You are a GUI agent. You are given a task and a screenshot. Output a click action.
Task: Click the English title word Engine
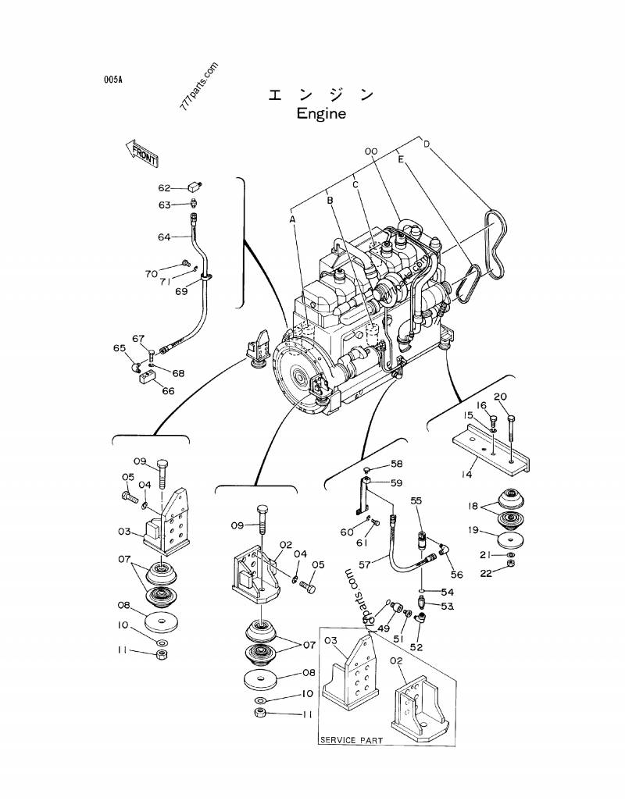(x=320, y=114)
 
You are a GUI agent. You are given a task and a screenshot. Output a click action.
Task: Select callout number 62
(x=164, y=188)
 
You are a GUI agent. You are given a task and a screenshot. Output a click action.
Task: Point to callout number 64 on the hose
(x=164, y=237)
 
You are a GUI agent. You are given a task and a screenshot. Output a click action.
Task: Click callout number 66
(x=168, y=391)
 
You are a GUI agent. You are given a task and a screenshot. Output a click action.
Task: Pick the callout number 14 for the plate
(x=466, y=474)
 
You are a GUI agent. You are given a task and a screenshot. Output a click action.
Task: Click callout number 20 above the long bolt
(x=501, y=396)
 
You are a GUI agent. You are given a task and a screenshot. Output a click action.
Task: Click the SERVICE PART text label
(x=351, y=739)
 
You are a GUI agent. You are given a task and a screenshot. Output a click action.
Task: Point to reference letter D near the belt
(x=427, y=144)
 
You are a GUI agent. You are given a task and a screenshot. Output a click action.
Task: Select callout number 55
(x=416, y=500)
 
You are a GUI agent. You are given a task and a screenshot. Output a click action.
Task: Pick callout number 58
(x=396, y=464)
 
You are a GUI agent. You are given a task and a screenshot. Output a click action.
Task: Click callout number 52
(x=416, y=647)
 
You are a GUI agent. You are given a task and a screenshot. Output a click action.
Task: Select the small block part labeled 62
(x=195, y=186)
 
